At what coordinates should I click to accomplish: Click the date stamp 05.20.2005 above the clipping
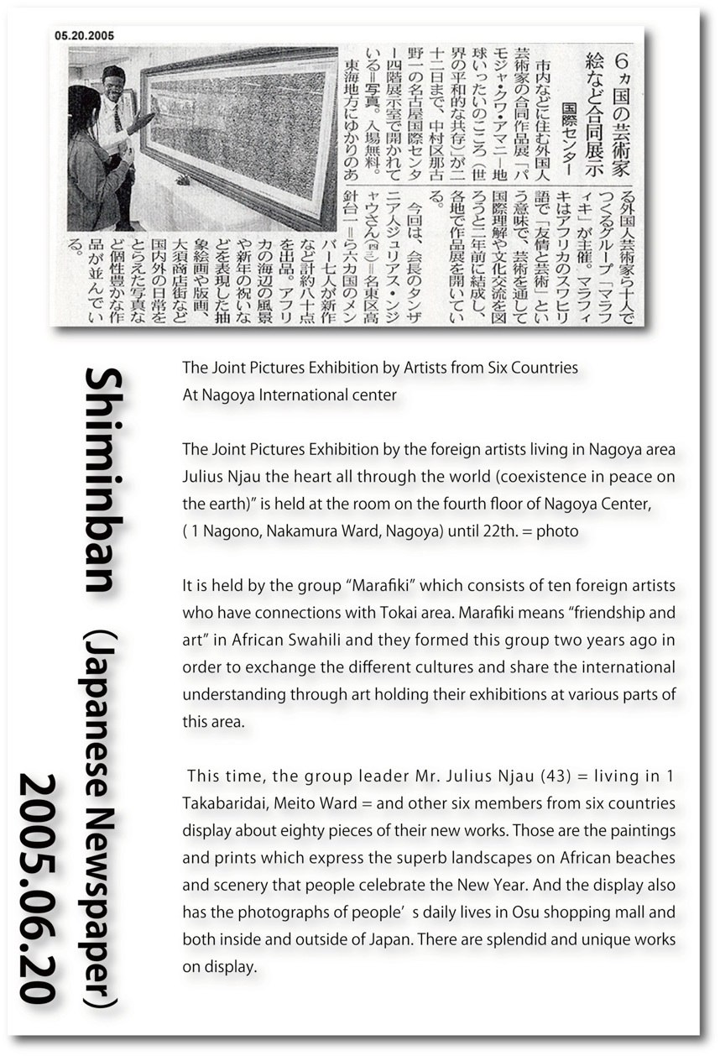click(x=85, y=35)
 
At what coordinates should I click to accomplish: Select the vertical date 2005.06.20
click(x=43, y=889)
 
